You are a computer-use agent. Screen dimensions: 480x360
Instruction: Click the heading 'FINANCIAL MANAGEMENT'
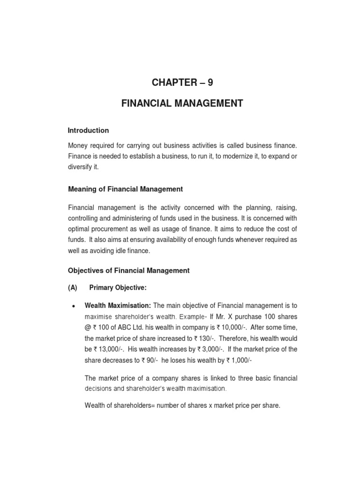click(x=182, y=103)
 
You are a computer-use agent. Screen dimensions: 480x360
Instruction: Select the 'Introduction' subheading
click(x=88, y=130)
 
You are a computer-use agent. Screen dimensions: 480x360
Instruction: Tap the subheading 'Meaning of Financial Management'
click(x=125, y=189)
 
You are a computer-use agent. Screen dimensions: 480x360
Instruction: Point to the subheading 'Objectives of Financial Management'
click(x=128, y=270)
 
